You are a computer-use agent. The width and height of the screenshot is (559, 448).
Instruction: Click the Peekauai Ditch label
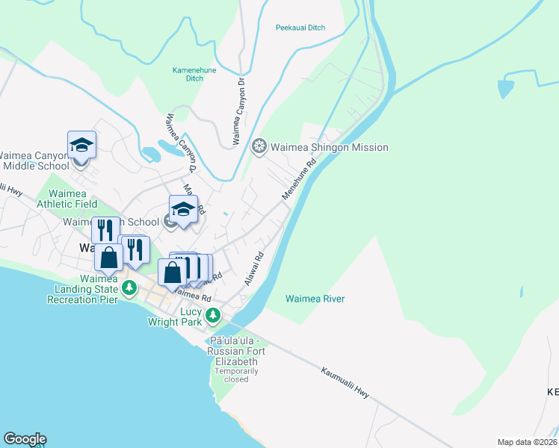pyautogui.click(x=300, y=28)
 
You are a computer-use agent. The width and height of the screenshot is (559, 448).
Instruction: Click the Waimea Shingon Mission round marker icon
pyautogui.click(x=259, y=146)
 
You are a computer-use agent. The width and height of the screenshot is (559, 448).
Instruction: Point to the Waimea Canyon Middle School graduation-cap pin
pyautogui.click(x=82, y=145)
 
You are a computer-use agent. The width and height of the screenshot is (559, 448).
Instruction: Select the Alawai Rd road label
pyautogui.click(x=254, y=267)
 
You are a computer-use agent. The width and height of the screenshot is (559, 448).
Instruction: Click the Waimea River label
pyautogui.click(x=315, y=299)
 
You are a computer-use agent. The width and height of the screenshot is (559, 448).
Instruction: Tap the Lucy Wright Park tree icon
pyautogui.click(x=213, y=314)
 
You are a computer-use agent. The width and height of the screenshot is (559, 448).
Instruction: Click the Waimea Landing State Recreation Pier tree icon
pyautogui.click(x=129, y=287)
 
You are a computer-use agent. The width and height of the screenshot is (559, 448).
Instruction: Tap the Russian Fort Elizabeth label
pyautogui.click(x=237, y=352)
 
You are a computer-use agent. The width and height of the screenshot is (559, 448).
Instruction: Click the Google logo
pyautogui.click(x=25, y=439)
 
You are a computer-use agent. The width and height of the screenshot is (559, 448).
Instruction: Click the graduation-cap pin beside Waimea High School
pyautogui.click(x=183, y=208)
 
